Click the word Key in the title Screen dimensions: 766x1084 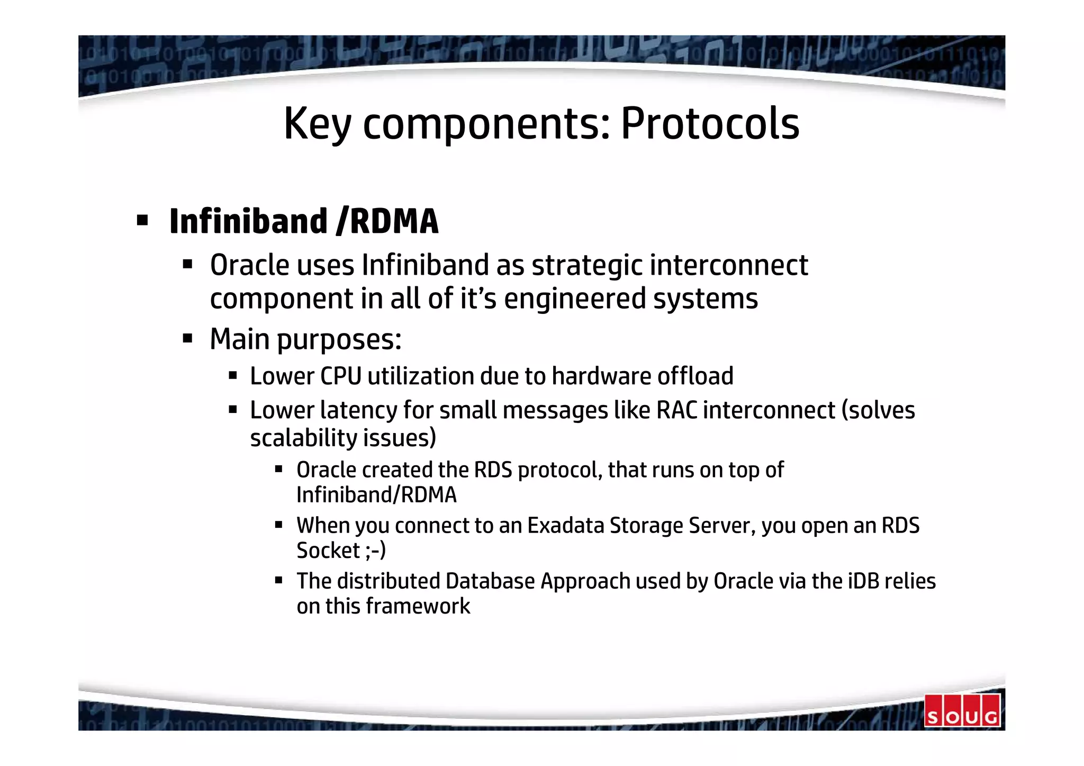[317, 123]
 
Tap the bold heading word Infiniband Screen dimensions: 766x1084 [248, 221]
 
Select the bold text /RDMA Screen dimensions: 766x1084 [387, 221]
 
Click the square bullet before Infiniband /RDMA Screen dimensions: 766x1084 [142, 220]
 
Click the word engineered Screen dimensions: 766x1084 [575, 299]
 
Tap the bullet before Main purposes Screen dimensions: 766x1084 [187, 338]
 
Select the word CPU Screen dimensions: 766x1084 [340, 376]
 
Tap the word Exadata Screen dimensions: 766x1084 [566, 526]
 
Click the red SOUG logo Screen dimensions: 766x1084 [962, 710]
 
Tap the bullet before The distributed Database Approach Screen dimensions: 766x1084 [279, 580]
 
